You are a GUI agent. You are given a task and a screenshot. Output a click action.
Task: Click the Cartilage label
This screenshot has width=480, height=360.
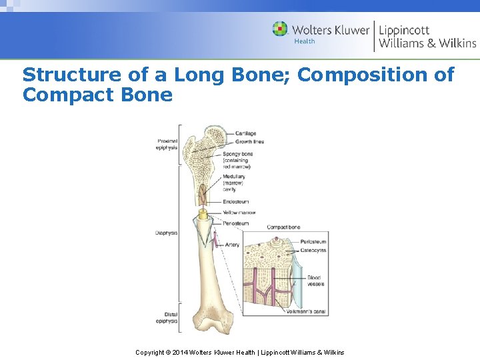[246, 134]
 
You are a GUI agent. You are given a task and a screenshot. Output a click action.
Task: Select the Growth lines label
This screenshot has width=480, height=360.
[250, 141]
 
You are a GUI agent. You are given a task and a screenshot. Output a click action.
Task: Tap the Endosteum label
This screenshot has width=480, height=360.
[236, 201]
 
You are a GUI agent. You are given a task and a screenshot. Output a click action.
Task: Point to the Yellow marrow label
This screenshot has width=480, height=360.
[239, 213]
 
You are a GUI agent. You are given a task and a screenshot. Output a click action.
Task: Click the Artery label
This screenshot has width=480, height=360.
[232, 245]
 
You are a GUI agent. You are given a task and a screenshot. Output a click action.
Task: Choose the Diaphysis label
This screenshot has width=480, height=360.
[166, 233]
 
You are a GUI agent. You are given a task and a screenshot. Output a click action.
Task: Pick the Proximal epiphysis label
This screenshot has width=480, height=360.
[167, 144]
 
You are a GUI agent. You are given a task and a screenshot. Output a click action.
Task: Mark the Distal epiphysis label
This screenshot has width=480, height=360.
[167, 317]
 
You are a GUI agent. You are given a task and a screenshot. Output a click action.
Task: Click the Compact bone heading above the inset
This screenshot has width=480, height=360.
[283, 228]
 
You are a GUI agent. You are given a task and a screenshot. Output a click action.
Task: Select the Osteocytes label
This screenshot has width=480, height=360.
[313, 250]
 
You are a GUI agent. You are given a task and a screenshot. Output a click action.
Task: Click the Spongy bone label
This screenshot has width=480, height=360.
[237, 154]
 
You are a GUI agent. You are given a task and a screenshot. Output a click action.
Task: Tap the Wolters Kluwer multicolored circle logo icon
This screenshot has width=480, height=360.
[281, 29]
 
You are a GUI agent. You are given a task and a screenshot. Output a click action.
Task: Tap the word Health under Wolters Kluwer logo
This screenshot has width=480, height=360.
[305, 41]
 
